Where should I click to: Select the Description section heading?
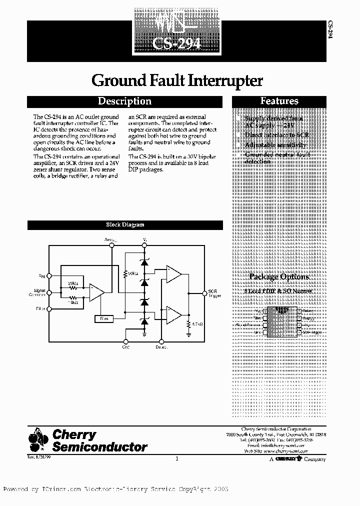point(124,101)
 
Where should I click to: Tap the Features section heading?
point(279,101)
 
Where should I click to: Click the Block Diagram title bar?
point(125,225)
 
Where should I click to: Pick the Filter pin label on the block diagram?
point(40,308)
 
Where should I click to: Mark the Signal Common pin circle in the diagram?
point(49,292)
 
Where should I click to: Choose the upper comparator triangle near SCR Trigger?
point(173,274)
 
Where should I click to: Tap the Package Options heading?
point(279,276)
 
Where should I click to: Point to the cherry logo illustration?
point(38,439)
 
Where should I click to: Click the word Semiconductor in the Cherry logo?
point(100,446)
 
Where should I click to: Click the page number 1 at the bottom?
point(177,458)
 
